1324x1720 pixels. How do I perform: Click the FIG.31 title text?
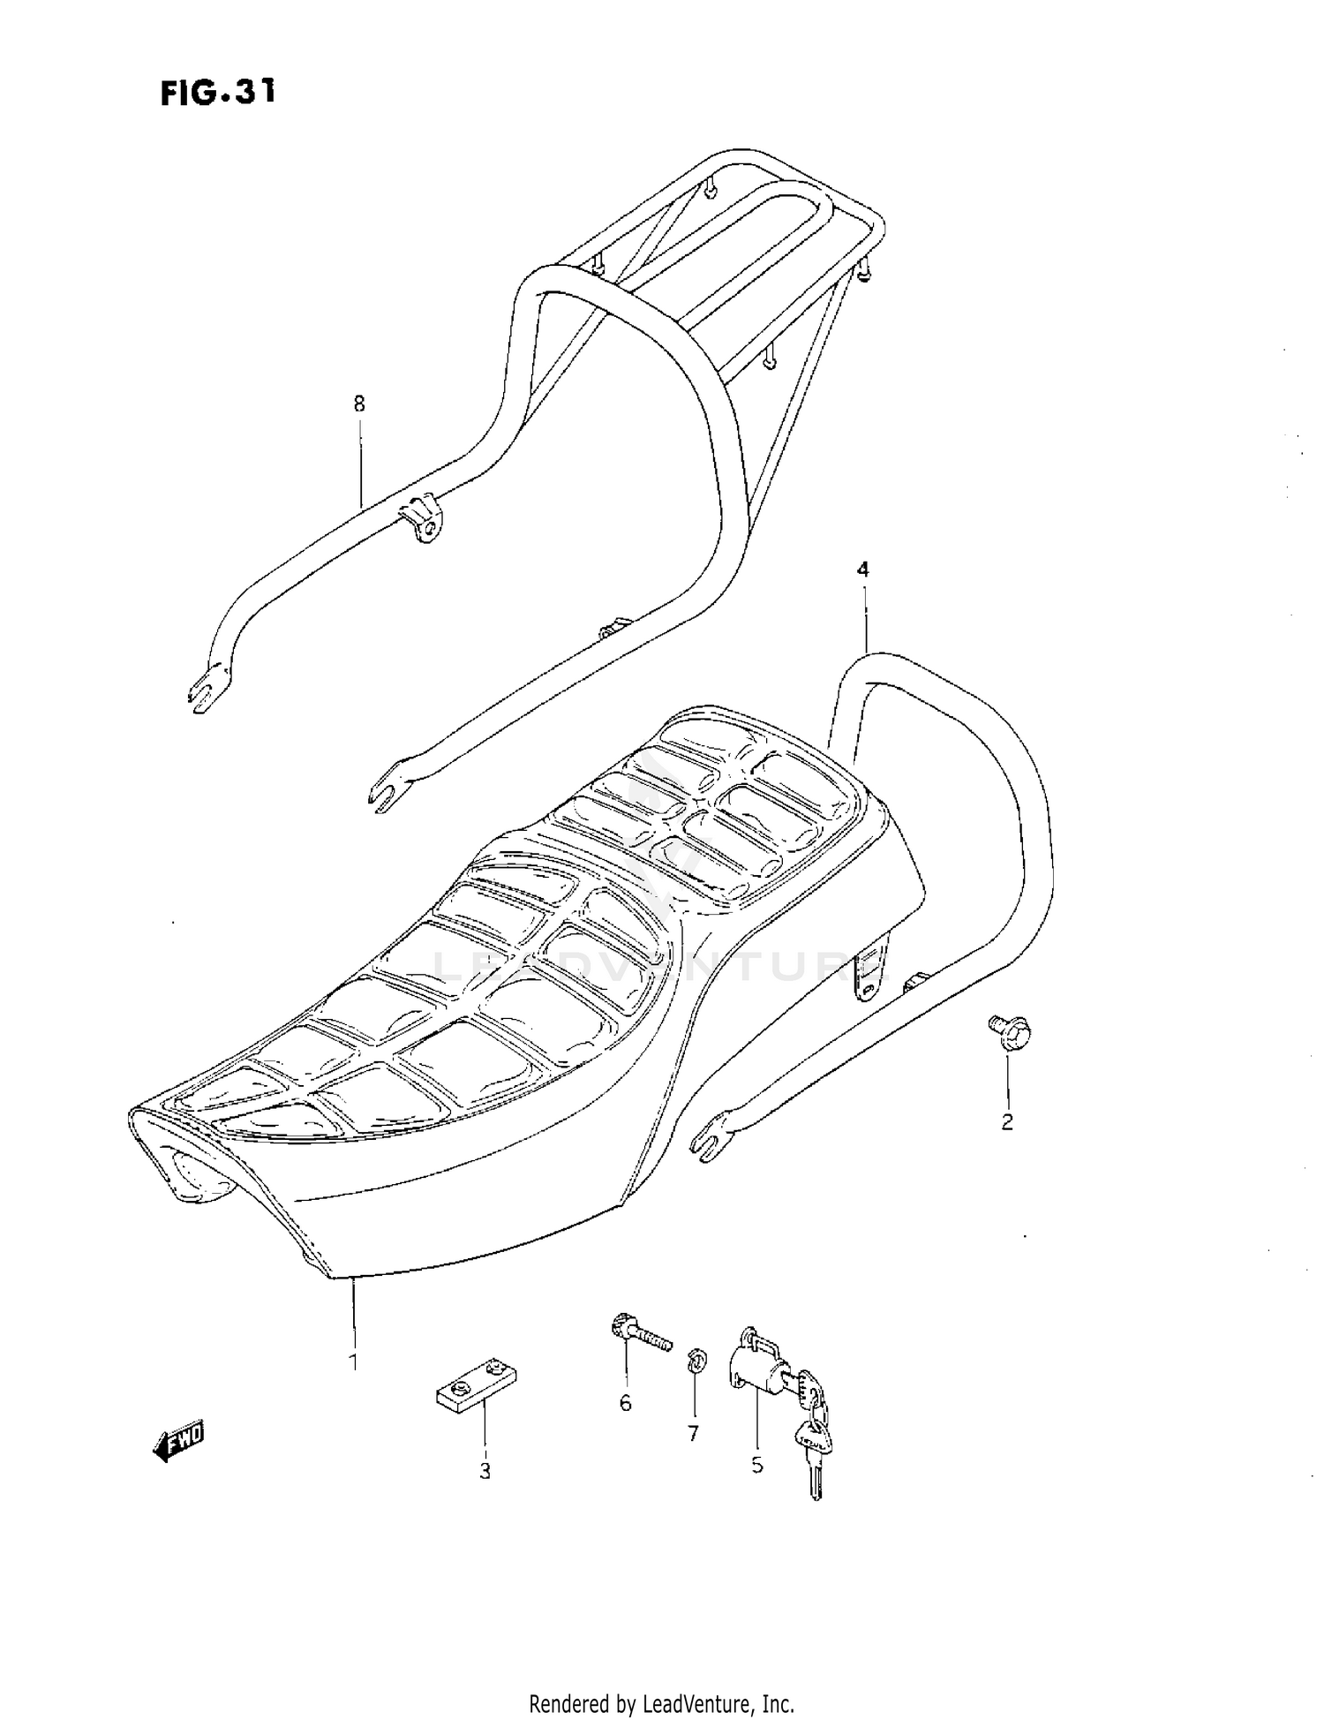[x=218, y=92]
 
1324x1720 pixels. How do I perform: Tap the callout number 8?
[x=358, y=404]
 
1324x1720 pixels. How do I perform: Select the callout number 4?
[x=863, y=570]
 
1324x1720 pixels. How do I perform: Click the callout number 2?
[x=1006, y=1122]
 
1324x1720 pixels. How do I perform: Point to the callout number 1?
[x=353, y=1362]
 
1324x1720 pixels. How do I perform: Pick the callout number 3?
[x=485, y=1471]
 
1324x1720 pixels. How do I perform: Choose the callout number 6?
[x=625, y=1403]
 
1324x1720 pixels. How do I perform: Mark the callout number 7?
[x=693, y=1433]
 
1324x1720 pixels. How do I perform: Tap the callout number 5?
[x=757, y=1465]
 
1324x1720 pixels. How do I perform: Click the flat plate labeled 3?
[x=477, y=1386]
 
